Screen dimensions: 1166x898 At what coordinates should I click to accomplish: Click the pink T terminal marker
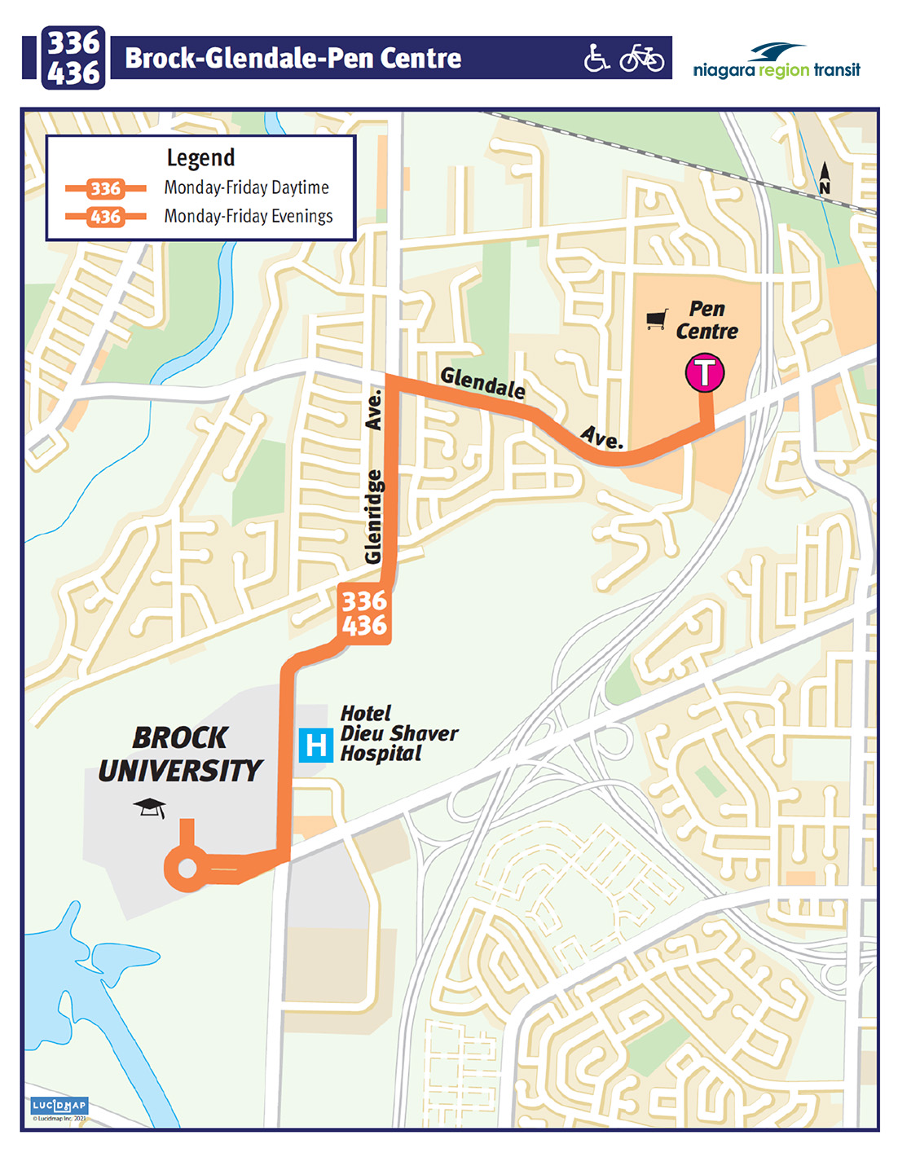pos(704,372)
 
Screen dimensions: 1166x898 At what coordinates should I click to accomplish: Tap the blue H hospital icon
pos(315,745)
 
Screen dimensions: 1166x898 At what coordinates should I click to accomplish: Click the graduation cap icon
pos(150,807)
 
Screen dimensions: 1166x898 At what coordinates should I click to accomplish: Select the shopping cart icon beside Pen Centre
pos(657,319)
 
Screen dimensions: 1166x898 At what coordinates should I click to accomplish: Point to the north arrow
pos(825,178)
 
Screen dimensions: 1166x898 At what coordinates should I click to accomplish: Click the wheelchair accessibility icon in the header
pos(596,58)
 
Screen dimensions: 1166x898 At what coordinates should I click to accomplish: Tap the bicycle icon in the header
pos(642,58)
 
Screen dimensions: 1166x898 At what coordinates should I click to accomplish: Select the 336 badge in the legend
pos(105,189)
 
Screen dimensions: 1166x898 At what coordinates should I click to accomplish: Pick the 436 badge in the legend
pos(105,217)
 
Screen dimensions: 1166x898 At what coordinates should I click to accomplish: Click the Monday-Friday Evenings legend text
pos(249,217)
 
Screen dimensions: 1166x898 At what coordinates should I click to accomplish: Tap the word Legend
pos(200,157)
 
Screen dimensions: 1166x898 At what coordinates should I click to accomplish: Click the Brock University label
pos(180,754)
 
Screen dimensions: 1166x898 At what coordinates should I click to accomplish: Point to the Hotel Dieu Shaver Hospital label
pos(398,733)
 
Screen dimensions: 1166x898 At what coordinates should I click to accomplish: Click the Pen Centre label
pos(707,320)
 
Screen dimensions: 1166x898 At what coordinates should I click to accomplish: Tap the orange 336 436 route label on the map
pos(363,613)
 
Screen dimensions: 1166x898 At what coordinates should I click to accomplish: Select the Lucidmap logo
pos(59,1107)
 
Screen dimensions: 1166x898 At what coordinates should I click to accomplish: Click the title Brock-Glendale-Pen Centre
pos(293,58)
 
